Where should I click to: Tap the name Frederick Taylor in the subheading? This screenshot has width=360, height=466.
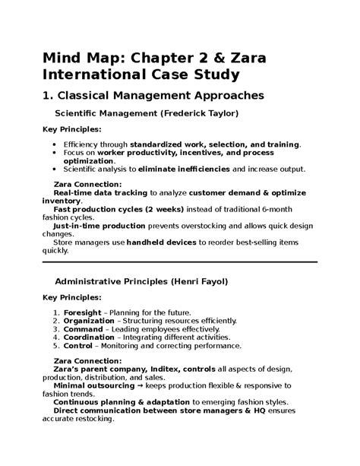point(199,113)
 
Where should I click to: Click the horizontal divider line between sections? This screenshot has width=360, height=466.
point(179,262)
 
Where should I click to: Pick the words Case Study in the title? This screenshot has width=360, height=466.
point(194,74)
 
